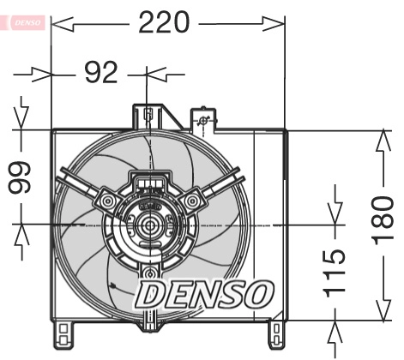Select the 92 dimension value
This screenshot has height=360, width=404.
(x=101, y=74)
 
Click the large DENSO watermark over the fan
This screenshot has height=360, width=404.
(x=204, y=295)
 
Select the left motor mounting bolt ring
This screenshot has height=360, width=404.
(x=107, y=201)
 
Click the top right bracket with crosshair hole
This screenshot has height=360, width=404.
(x=202, y=121)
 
